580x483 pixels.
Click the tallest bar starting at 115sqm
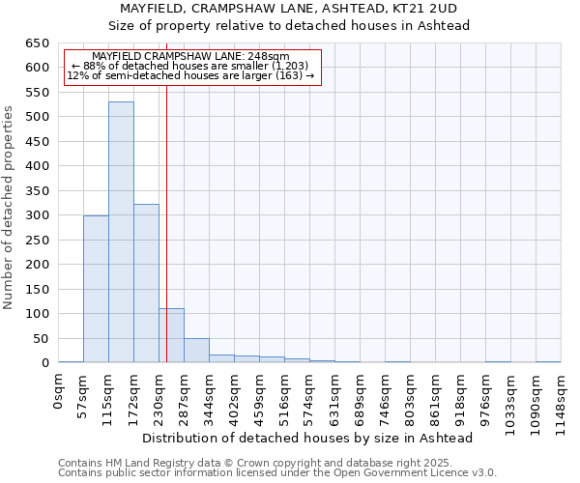coord(121,232)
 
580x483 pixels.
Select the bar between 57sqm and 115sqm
coord(96,289)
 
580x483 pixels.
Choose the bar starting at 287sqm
coord(196,351)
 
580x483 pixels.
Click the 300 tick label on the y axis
coord(36,215)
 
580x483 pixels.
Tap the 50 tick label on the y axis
coord(40,338)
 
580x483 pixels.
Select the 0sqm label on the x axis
coord(59,392)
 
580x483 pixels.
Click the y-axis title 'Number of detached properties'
coord(10,208)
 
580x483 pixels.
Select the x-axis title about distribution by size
coord(307,438)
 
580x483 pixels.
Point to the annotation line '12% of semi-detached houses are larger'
coord(190,75)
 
